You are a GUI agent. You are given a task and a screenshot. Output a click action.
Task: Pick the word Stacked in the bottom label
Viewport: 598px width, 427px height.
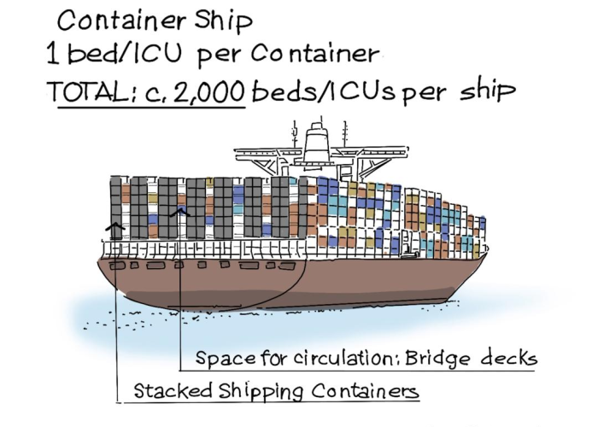(x=167, y=391)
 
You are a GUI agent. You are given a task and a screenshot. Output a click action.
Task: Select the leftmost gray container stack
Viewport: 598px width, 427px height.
(x=120, y=205)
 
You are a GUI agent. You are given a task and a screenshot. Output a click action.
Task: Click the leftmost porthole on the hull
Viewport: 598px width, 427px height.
(x=113, y=266)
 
